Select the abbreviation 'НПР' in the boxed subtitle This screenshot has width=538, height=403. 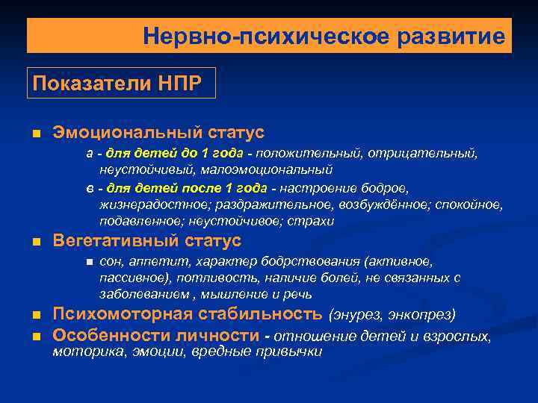[178, 83]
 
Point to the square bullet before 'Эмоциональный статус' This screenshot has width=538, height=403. [35, 134]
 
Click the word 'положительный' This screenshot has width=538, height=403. [306, 153]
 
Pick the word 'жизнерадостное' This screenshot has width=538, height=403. [146, 204]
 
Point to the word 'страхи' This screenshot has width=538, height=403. [314, 222]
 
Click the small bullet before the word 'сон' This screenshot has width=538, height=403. [88, 262]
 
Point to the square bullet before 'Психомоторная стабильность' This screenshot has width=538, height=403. [35, 314]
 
